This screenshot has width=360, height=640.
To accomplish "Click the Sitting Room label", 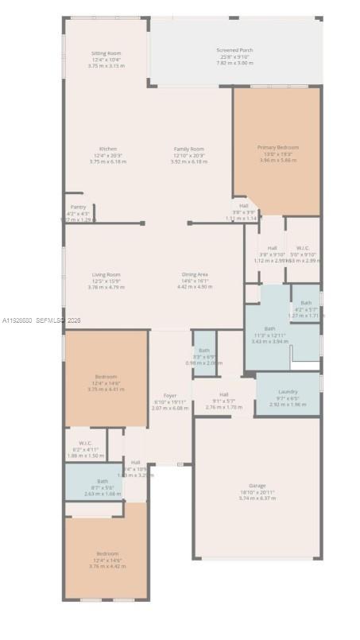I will click(x=105, y=53).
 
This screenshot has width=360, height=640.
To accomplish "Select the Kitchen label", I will click(x=108, y=149).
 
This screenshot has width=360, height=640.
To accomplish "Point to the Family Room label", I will click(x=189, y=149).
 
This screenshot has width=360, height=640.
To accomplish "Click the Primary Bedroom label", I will click(x=277, y=147).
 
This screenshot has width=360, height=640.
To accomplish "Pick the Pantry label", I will click(x=78, y=207).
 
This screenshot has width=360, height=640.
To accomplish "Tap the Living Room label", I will click(x=106, y=274).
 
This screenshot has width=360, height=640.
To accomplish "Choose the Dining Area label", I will click(x=195, y=274).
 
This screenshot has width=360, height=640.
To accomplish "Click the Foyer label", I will click(x=170, y=395).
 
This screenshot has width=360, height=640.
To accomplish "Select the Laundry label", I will click(x=288, y=391).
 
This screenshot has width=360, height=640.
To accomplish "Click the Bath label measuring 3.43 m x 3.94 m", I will click(x=269, y=328).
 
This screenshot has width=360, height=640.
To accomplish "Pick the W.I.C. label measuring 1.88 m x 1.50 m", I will click(x=86, y=443).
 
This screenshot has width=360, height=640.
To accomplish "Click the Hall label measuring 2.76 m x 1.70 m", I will click(x=223, y=394).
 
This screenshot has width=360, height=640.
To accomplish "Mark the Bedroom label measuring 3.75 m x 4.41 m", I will click(x=106, y=376).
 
